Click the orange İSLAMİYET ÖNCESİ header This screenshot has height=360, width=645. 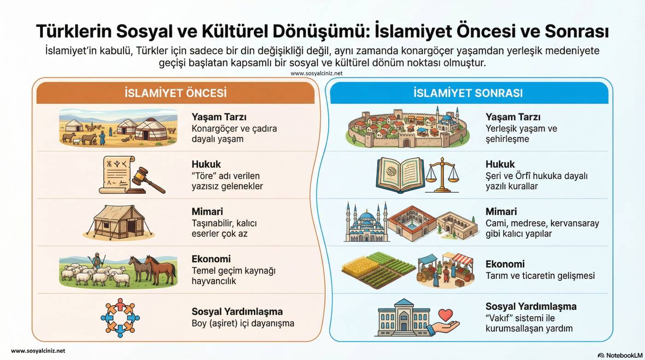pyautogui.click(x=176, y=93)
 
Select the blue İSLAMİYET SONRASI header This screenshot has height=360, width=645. pyautogui.click(x=469, y=93)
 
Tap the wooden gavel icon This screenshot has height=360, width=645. pyautogui.click(x=147, y=180)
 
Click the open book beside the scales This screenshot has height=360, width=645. pyautogui.click(x=400, y=175)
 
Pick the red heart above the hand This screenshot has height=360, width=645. pyautogui.click(x=446, y=315)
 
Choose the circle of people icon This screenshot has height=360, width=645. pyautogui.click(x=120, y=318)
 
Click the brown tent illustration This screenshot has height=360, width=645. pyautogui.click(x=119, y=222)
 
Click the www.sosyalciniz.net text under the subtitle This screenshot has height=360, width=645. pyautogui.click(x=317, y=73)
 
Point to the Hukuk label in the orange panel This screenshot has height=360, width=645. pyautogui.click(x=206, y=164)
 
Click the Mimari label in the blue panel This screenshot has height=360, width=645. pyautogui.click(x=501, y=212)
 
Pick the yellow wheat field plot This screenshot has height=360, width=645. pyautogui.click(x=358, y=266)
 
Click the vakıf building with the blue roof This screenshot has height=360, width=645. pyautogui.click(x=403, y=318)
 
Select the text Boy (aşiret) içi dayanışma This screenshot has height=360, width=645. pyautogui.click(x=243, y=324)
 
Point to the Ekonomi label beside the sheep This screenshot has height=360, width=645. pyautogui.click(x=211, y=259)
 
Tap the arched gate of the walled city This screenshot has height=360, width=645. pyautogui.click(x=406, y=142)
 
